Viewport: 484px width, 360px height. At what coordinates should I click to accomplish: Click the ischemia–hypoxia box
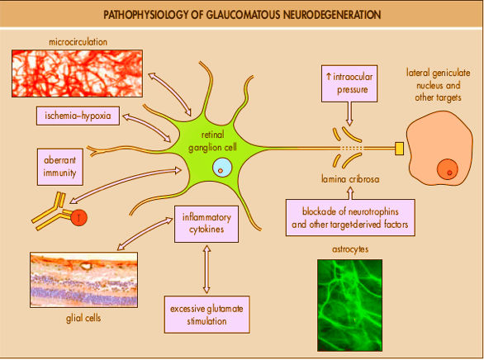[x=78, y=116]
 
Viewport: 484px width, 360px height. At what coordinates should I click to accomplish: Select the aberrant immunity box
[x=60, y=167]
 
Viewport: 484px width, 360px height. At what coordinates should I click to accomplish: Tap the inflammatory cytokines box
[x=206, y=224]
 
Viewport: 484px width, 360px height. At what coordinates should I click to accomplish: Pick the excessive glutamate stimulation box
[x=206, y=315]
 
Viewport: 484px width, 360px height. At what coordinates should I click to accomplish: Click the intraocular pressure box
[x=349, y=83]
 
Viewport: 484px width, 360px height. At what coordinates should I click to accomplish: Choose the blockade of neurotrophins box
[x=350, y=218]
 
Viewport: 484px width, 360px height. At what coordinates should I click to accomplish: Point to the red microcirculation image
[x=77, y=73]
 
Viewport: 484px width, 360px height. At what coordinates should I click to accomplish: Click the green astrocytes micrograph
[x=349, y=305]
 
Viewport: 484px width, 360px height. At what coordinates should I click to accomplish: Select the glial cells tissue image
[x=84, y=280]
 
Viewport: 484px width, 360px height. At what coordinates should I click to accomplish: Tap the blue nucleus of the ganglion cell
[x=222, y=168]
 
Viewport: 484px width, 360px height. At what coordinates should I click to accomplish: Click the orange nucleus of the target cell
[x=448, y=169]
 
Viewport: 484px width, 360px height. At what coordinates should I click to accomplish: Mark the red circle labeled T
[x=79, y=218]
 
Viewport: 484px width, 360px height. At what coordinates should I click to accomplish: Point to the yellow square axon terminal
[x=400, y=149]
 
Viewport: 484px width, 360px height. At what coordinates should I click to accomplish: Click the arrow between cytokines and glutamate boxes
[x=206, y=269]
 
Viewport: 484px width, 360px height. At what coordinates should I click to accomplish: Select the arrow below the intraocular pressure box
[x=349, y=114]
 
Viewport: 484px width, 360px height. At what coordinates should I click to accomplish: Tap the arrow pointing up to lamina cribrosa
[x=350, y=193]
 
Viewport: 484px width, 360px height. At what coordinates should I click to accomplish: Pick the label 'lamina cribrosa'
[x=350, y=179]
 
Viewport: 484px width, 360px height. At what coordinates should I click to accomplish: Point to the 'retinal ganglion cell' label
[x=212, y=141]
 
